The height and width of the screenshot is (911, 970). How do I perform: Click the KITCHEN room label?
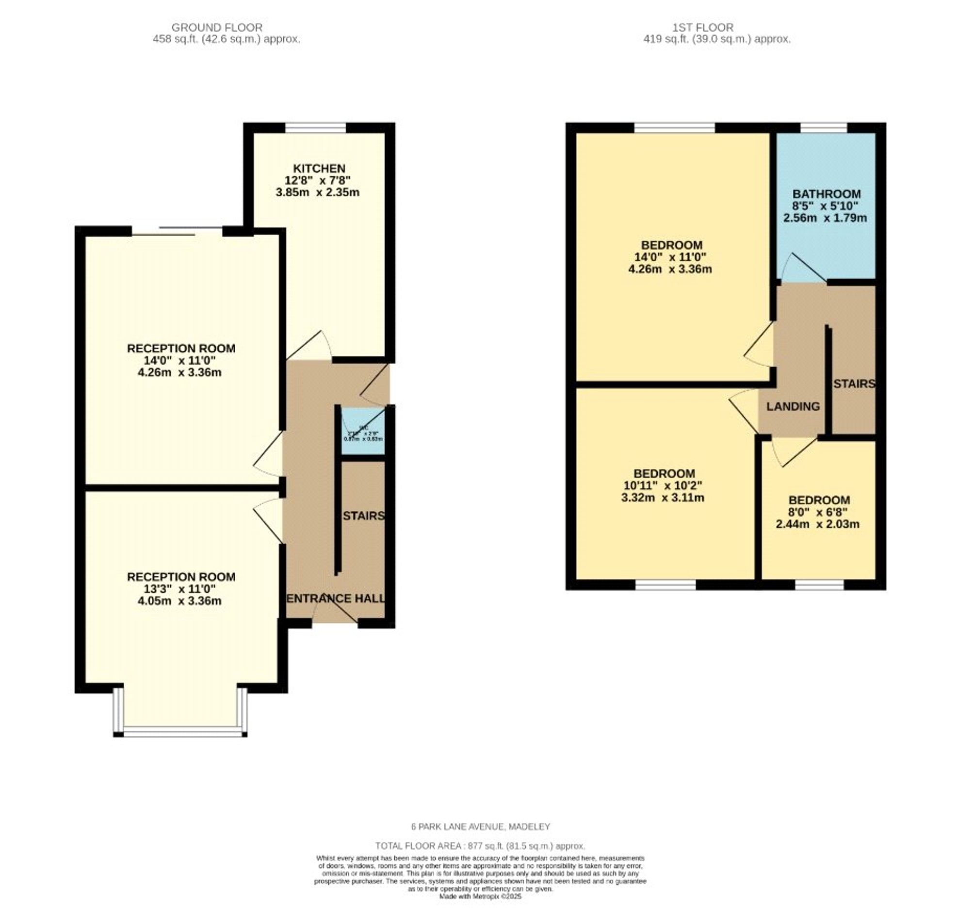click(x=319, y=168)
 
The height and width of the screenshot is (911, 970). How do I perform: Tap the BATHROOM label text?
click(x=826, y=193)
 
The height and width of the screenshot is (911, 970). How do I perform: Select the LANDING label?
click(x=792, y=406)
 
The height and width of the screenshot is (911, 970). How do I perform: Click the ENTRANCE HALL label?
click(x=335, y=598)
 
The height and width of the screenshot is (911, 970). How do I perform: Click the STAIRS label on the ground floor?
click(x=363, y=515)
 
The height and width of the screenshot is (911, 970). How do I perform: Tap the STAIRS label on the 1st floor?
click(x=854, y=384)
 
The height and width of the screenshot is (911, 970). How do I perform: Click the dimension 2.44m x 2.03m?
click(x=818, y=524)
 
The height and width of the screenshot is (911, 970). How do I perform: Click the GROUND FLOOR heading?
click(x=217, y=27)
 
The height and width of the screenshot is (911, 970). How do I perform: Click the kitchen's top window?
click(x=315, y=128)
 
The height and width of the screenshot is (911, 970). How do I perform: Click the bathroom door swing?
click(x=800, y=269)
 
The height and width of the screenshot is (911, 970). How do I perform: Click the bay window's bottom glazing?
click(x=180, y=732)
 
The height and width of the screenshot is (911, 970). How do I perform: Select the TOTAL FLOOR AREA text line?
click(x=480, y=846)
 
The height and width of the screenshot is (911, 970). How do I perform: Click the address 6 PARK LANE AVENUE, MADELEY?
click(x=480, y=826)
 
